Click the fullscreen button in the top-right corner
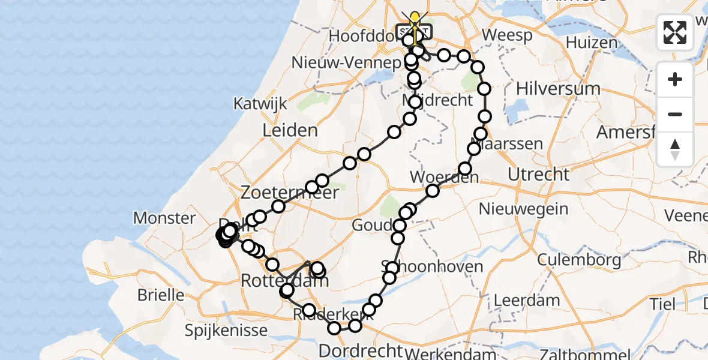[x=675, y=32]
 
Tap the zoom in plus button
[x=675, y=80]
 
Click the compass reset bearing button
[x=675, y=149]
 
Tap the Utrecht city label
[x=538, y=175]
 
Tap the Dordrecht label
[x=360, y=350]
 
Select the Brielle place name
[x=160, y=295]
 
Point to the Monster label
[x=165, y=218]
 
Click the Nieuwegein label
[x=524, y=209]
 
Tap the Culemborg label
[x=579, y=260]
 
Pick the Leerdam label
[x=526, y=300]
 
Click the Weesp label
[x=507, y=35]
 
